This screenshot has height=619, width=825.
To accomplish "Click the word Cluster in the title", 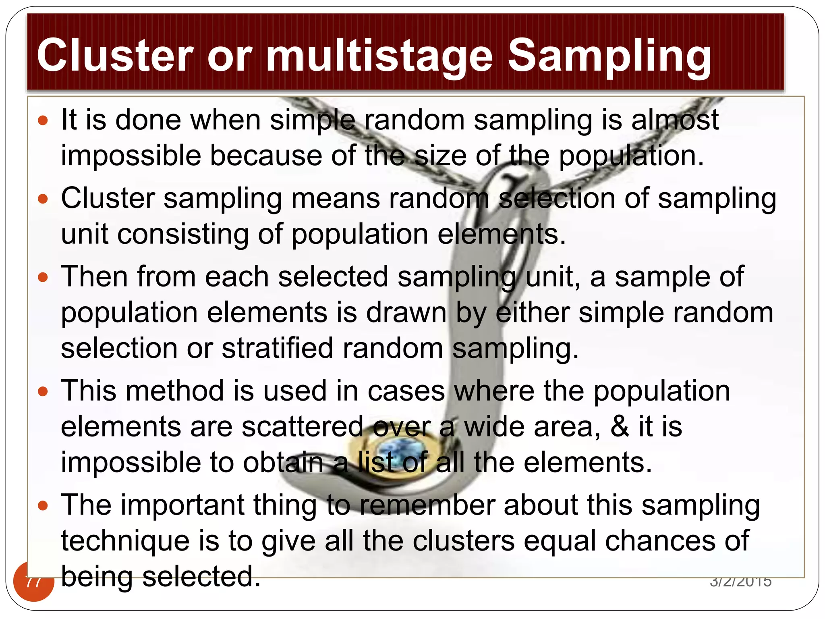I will pyautogui.click(x=115, y=55).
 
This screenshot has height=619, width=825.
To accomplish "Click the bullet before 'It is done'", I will pyautogui.click(x=43, y=120).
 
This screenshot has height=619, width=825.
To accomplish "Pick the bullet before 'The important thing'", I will pyautogui.click(x=43, y=505).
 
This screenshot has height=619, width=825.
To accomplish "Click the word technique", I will pyautogui.click(x=125, y=541).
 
